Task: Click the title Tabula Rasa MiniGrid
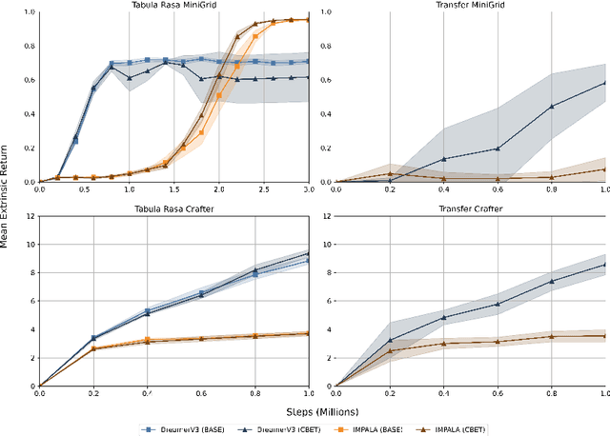[173, 5]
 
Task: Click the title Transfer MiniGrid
[469, 5]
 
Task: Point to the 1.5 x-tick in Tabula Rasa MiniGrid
[173, 189]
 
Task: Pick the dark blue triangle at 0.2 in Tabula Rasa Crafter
[92, 338]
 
